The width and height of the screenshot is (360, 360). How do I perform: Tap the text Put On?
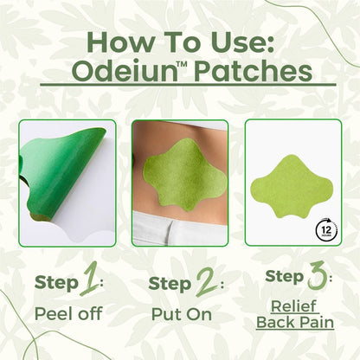(x=180, y=313)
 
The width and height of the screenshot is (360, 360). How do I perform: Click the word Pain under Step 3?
(x=317, y=322)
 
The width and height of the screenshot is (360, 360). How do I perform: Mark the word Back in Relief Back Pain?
(x=275, y=322)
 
